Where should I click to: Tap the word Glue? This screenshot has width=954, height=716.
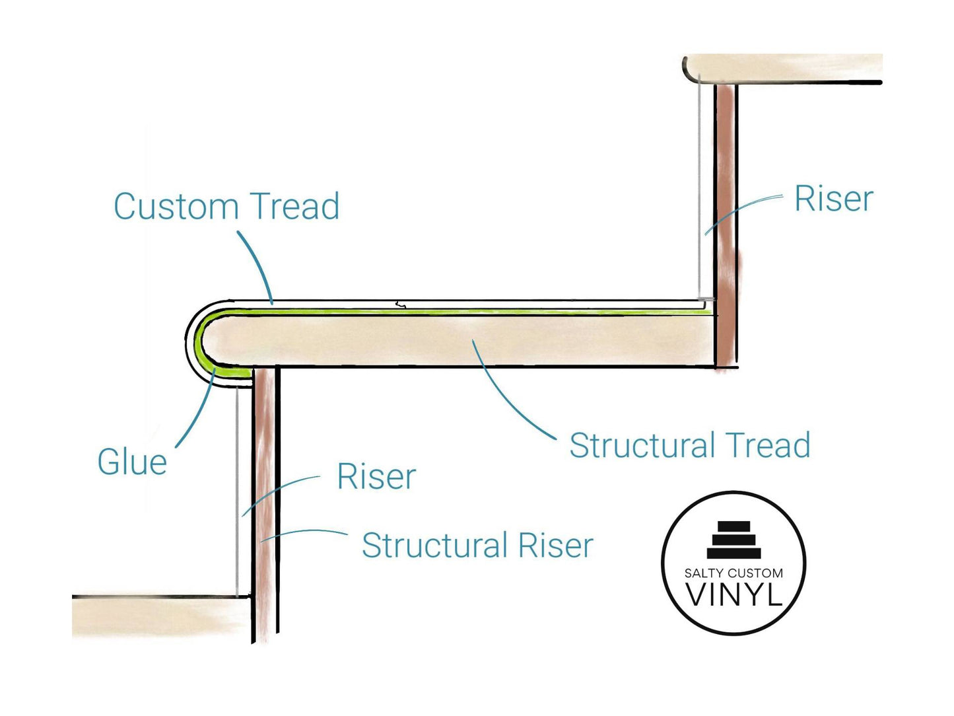(132, 462)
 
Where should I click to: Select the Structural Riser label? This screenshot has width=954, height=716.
(477, 546)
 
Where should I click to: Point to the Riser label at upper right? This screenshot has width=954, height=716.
(833, 199)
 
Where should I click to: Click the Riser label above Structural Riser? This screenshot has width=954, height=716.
(376, 477)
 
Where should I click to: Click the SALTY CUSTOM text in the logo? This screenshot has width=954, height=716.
(733, 573)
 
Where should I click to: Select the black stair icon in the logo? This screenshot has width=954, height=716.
(733, 540)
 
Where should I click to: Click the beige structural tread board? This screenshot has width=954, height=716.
(462, 340)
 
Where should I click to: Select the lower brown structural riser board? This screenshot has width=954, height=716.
(265, 502)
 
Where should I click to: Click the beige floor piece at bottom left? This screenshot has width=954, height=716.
(158, 617)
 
